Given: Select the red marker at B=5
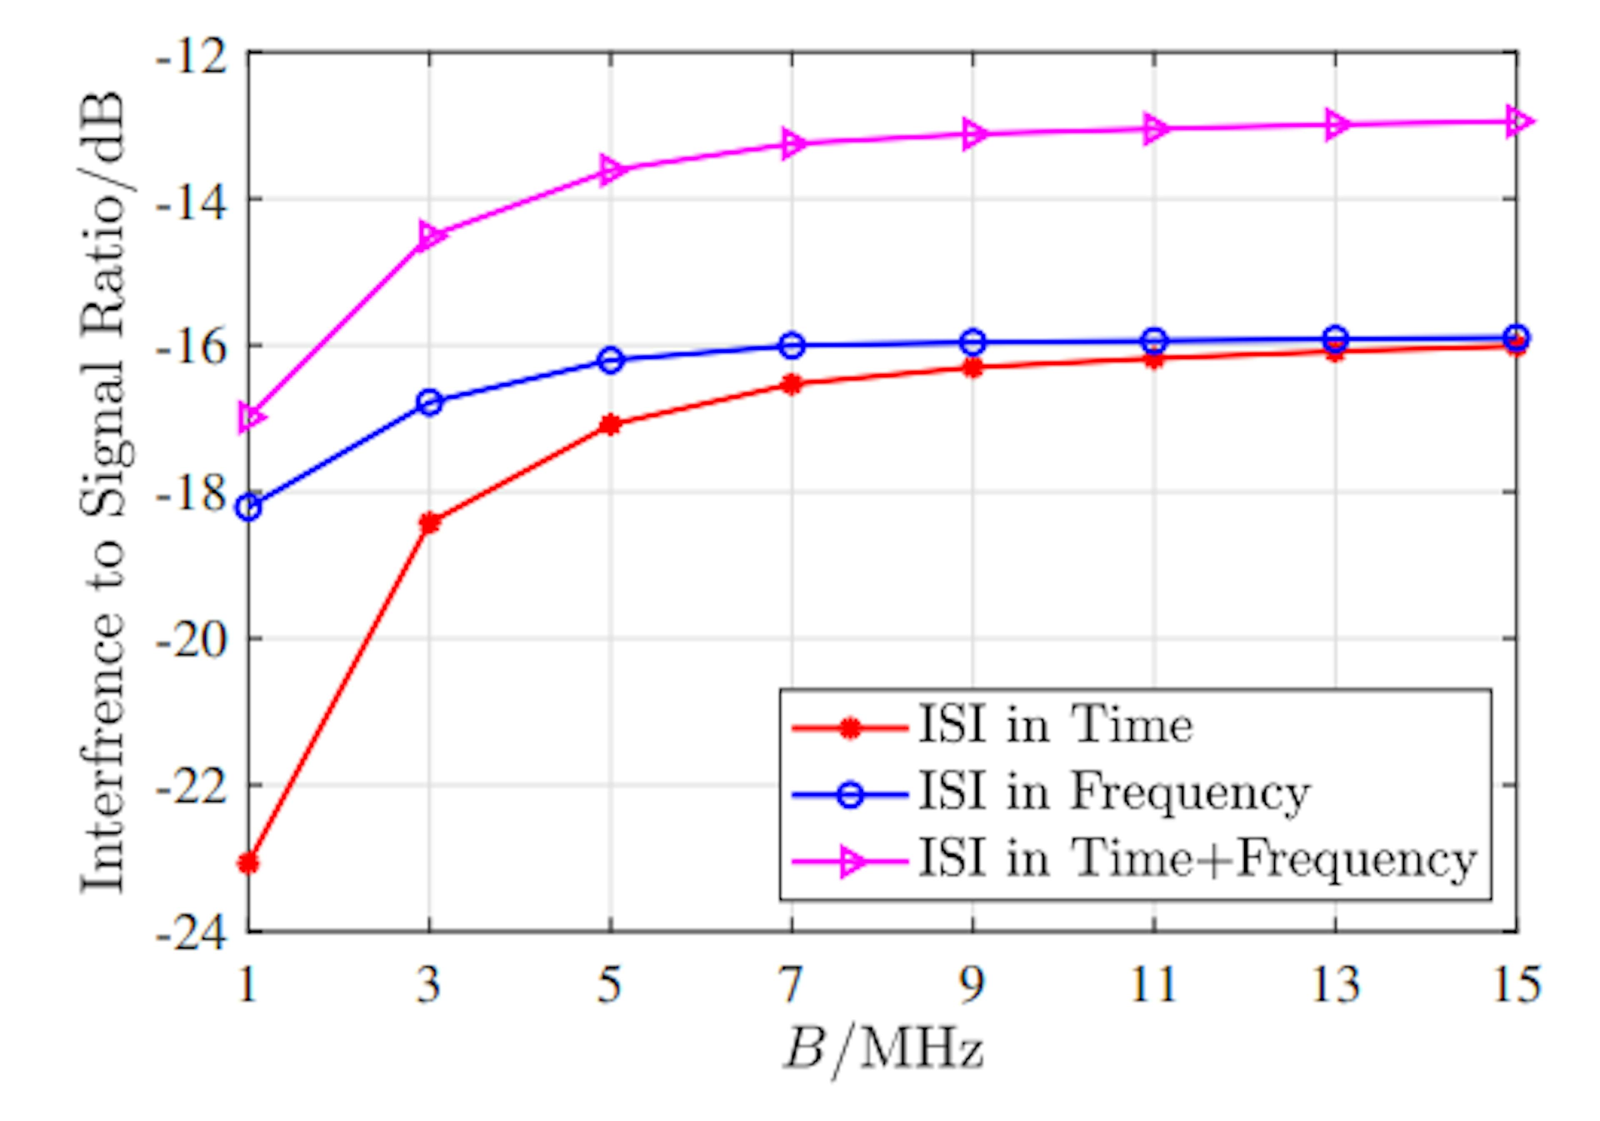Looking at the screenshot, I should click(610, 424).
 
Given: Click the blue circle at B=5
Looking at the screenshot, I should click(610, 361).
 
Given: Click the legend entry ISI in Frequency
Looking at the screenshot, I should click(1114, 792).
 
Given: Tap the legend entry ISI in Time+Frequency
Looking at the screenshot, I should click(1197, 859).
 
